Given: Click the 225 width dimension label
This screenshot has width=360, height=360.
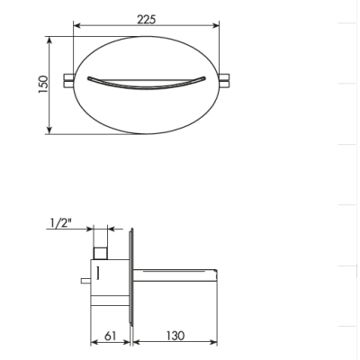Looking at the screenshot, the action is [147, 20].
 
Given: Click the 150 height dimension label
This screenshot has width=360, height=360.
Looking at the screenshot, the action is [43, 85].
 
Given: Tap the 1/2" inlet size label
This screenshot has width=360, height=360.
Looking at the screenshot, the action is [61, 223].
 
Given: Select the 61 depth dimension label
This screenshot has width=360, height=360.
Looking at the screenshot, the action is [110, 336].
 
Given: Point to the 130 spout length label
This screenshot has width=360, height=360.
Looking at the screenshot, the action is [175, 336].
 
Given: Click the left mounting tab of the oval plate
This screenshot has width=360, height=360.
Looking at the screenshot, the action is [68, 80].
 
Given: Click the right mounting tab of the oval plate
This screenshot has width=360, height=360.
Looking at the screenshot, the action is [225, 80].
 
